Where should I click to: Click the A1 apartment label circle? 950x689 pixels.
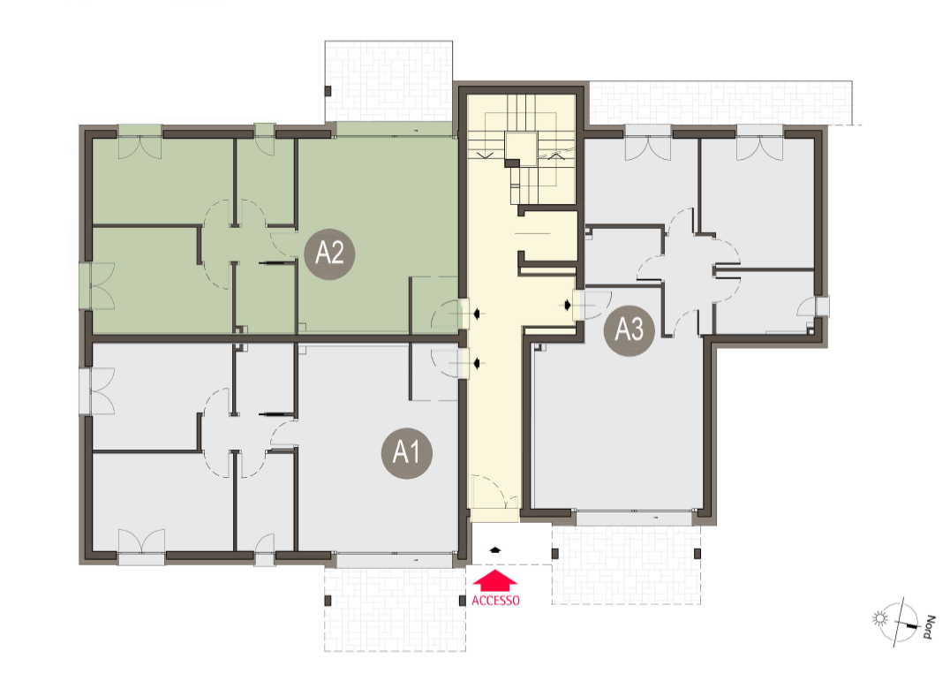click(x=406, y=452)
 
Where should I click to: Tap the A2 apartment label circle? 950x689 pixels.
click(x=329, y=254)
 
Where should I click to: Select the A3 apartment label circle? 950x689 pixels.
click(x=630, y=330)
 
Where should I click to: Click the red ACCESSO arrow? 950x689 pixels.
click(x=495, y=580)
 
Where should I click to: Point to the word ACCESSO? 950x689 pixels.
click(x=495, y=601)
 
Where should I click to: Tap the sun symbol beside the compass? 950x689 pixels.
click(x=879, y=618)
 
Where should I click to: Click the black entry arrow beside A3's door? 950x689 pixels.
click(x=567, y=305)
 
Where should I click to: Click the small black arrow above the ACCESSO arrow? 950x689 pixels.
click(x=495, y=549)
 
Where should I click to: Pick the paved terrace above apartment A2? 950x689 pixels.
click(x=388, y=81)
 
